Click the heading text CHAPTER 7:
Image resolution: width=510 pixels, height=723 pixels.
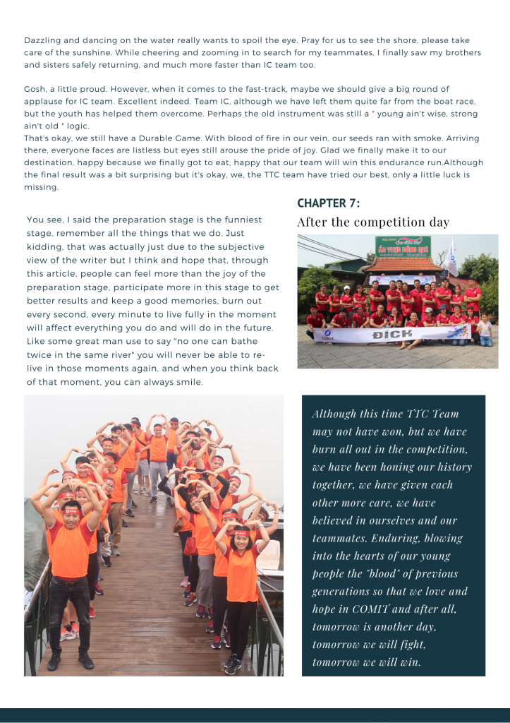tap(329, 203)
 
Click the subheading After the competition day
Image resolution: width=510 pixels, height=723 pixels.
tap(372, 222)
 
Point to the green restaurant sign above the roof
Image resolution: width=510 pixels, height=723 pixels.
tap(402, 246)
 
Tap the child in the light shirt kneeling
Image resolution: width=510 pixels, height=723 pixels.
tap(484, 330)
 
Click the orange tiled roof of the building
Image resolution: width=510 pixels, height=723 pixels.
tap(403, 265)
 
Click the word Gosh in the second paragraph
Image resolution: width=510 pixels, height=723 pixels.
tap(35, 89)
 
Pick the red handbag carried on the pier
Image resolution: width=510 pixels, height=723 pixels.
tap(190, 545)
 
